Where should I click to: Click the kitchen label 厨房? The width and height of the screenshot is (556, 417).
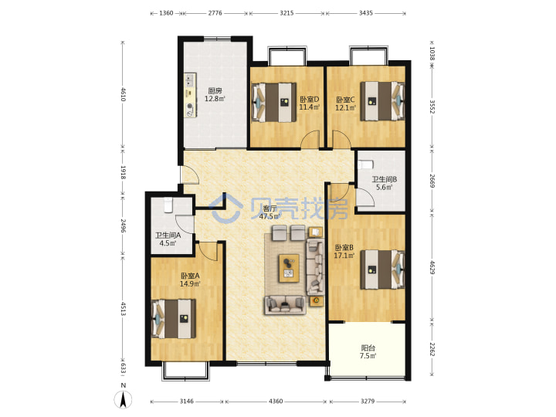click(x=215, y=91)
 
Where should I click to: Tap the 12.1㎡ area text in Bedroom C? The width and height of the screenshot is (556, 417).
click(x=345, y=107)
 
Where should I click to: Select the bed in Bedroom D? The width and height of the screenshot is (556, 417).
click(x=273, y=103)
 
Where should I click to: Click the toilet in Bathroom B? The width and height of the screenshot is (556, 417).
click(x=366, y=165)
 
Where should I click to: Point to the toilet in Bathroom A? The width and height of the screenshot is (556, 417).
click(x=168, y=205)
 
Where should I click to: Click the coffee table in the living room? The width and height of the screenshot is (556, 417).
click(x=289, y=269)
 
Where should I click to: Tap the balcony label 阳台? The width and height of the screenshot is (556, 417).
click(x=368, y=347)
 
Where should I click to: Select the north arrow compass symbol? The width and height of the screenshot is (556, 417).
click(x=123, y=399)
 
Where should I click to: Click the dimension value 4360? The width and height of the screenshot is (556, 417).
click(x=276, y=401)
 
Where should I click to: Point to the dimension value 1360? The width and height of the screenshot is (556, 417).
click(x=166, y=13)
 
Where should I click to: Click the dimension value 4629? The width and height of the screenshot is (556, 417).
click(x=432, y=268)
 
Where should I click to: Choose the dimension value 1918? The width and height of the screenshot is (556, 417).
click(x=123, y=172)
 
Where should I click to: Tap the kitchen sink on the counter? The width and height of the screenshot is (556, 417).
click(x=189, y=80)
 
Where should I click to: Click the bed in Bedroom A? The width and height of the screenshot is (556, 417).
click(x=174, y=319)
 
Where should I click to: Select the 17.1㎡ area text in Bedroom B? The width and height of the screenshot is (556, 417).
click(x=344, y=256)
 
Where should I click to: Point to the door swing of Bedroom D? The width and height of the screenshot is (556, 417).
click(x=310, y=139)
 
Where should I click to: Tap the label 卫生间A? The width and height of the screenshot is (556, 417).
click(x=168, y=235)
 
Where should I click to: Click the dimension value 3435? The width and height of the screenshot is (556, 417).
click(x=365, y=13)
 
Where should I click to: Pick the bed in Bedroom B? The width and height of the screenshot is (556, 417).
click(x=382, y=270)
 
